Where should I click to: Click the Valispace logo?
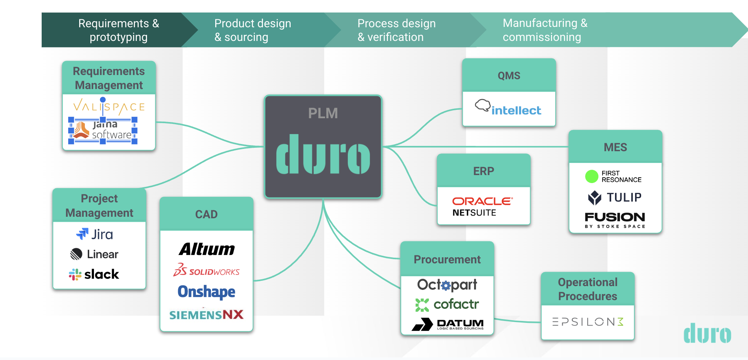pos(109,106)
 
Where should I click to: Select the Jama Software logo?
pos(103,130)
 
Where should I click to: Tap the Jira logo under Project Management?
pos(95,234)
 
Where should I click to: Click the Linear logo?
pos(94,254)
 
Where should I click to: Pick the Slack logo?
pos(94,274)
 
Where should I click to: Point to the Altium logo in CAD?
pos(207,249)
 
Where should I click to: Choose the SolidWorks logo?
pos(207,270)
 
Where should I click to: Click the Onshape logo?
pos(207,291)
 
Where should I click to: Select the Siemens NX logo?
pos(207,315)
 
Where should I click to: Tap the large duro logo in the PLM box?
pos(323,154)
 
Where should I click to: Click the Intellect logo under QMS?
pos(508,108)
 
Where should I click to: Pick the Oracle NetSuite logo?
pos(482,207)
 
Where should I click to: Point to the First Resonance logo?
pos(613,176)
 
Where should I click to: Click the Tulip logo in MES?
pos(615,197)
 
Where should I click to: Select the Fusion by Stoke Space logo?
pos(615,219)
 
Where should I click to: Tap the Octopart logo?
pos(447,285)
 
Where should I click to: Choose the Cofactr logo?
pos(447,304)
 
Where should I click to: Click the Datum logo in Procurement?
pos(448,324)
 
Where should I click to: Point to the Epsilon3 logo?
pos(588,322)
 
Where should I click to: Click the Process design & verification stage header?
pos(396,30)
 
